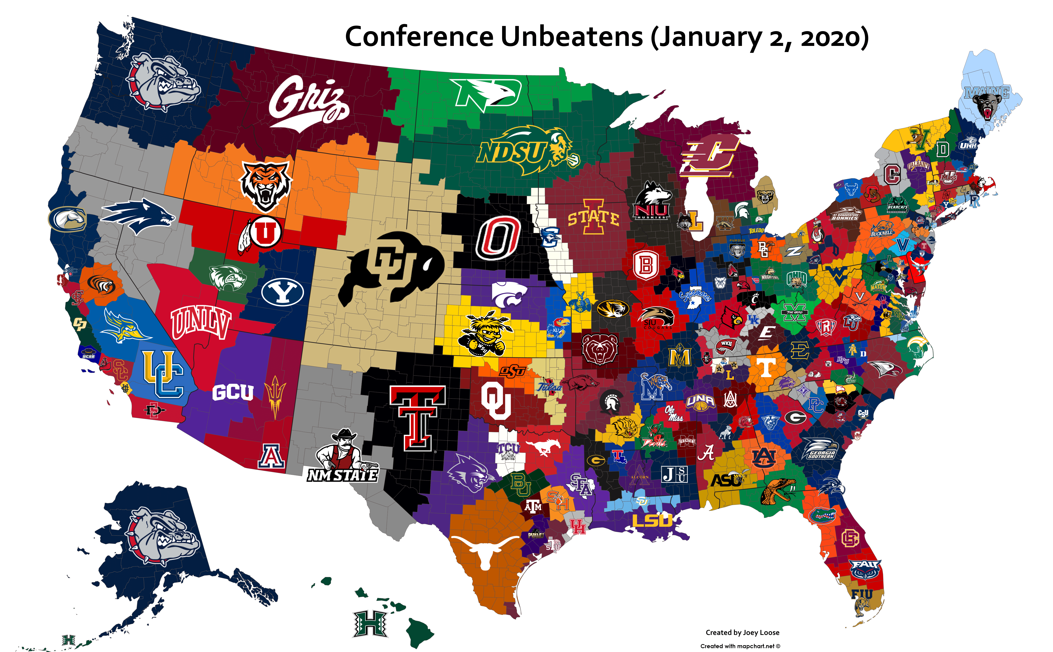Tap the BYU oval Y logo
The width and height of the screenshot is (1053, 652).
(x=282, y=292)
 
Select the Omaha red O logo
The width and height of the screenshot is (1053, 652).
(x=497, y=239)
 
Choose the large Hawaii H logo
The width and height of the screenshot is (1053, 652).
(x=370, y=623)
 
